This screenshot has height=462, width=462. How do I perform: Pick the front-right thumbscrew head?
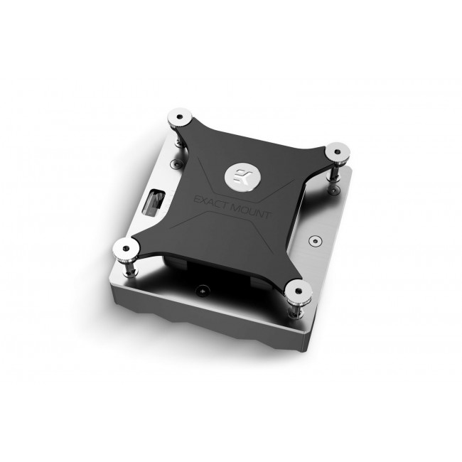295,290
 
